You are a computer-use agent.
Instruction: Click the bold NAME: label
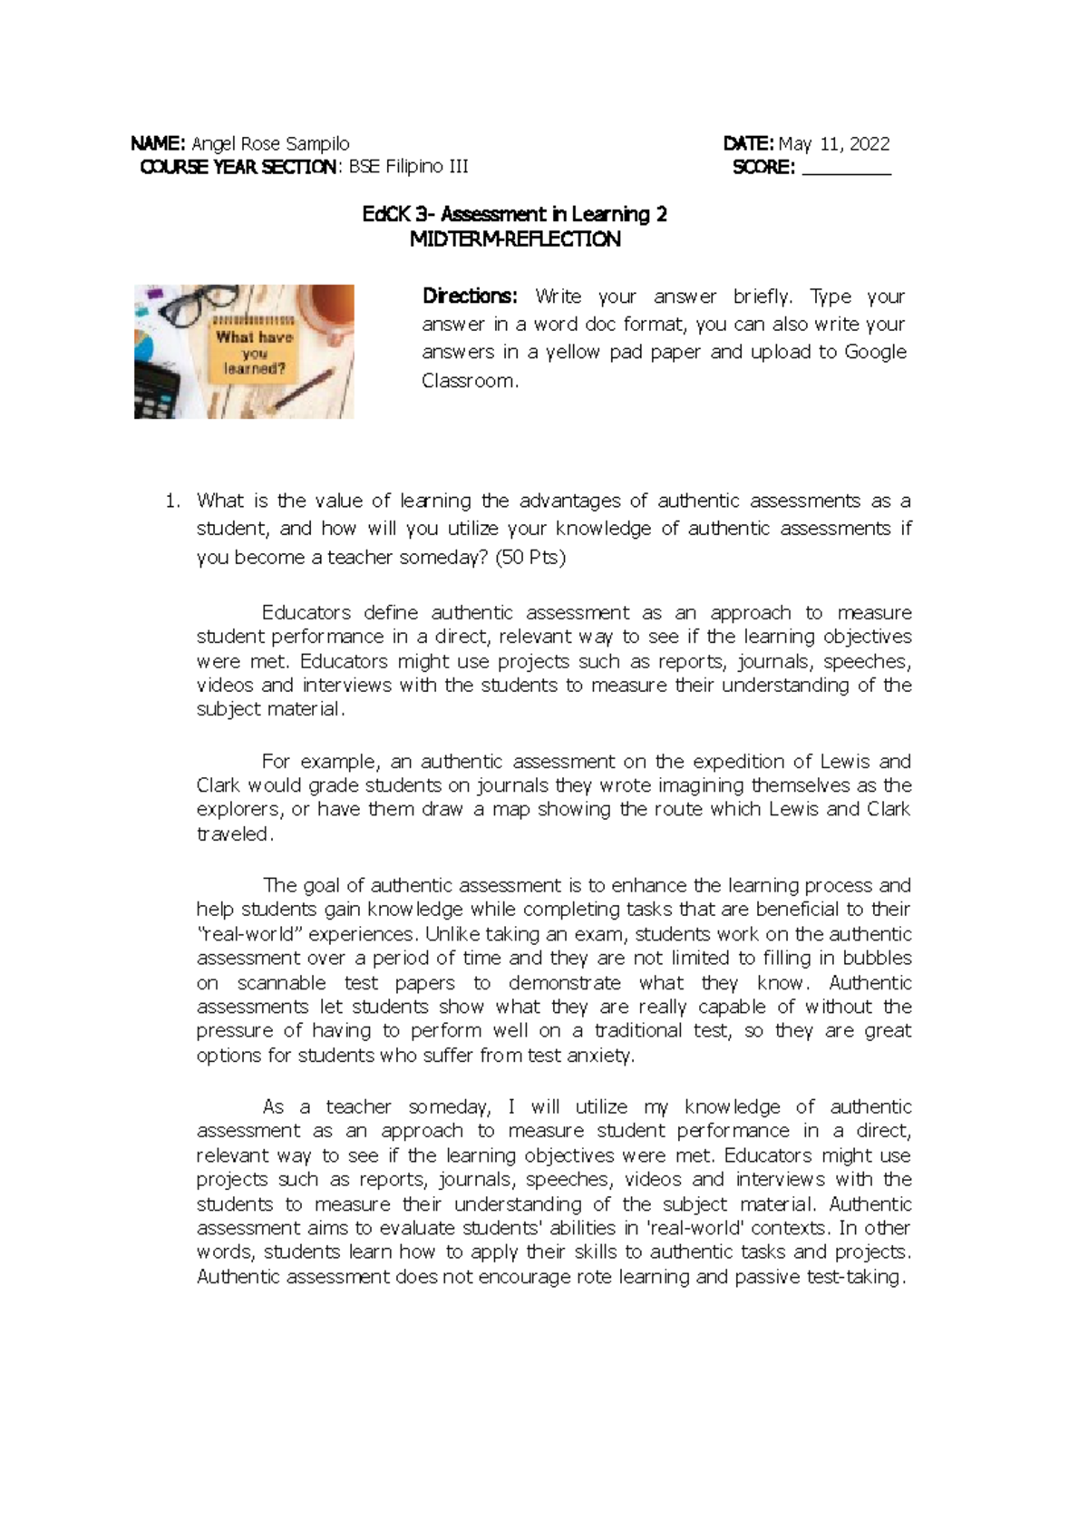(x=158, y=143)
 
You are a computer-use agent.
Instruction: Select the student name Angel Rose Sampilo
(x=270, y=143)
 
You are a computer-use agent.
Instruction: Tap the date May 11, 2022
(x=834, y=143)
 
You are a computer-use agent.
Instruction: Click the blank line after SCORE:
(x=847, y=169)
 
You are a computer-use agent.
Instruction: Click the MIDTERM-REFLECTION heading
(x=515, y=239)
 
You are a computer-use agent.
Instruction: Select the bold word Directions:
(x=470, y=297)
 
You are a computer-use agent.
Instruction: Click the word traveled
(x=233, y=834)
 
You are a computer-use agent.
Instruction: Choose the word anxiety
(x=600, y=1056)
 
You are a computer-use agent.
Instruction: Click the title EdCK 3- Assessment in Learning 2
(x=514, y=215)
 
